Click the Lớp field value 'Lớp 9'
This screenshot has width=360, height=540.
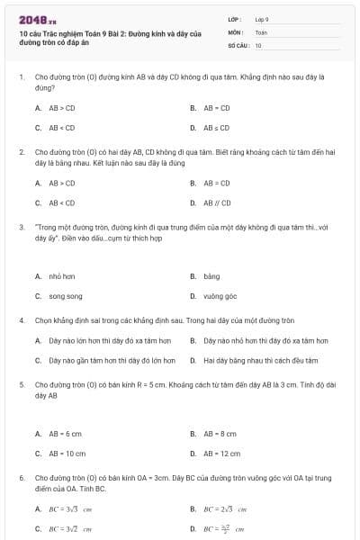[262, 19]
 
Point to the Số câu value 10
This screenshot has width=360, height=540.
[258, 45]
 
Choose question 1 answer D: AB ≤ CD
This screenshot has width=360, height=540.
[217, 128]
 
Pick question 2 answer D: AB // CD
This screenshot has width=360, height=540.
[217, 202]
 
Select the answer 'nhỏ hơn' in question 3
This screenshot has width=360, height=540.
[61, 277]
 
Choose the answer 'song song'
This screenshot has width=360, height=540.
[66, 295]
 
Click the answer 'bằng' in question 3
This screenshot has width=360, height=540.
[211, 277]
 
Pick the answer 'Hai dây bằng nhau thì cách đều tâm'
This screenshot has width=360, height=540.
[261, 361]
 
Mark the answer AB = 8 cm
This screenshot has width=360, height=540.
[220, 433]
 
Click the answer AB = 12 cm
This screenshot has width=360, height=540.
[221, 454]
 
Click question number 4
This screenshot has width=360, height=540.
[21, 320]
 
